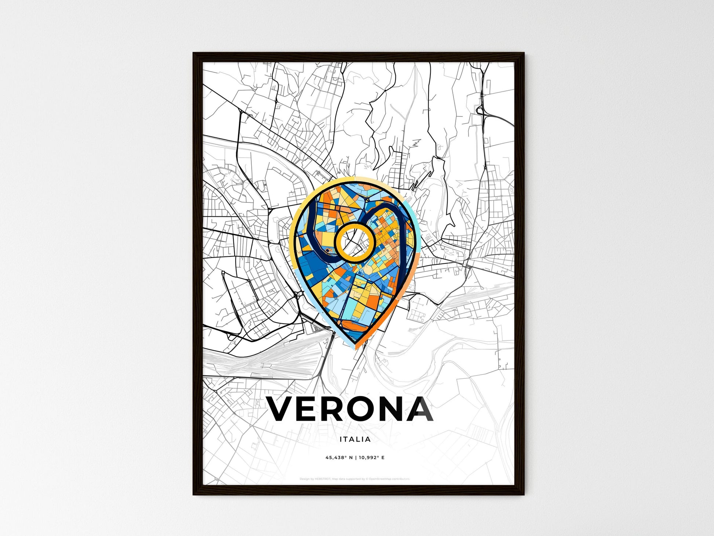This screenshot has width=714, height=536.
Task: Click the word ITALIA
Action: pyautogui.click(x=355, y=439)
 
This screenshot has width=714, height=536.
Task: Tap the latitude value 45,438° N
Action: pyautogui.click(x=339, y=458)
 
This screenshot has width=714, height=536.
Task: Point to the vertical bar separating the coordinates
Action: pyautogui.click(x=355, y=458)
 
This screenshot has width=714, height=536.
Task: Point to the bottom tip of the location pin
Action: pyautogui.click(x=353, y=345)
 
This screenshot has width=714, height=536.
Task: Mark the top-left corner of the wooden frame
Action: pyautogui.click(x=194, y=53)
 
